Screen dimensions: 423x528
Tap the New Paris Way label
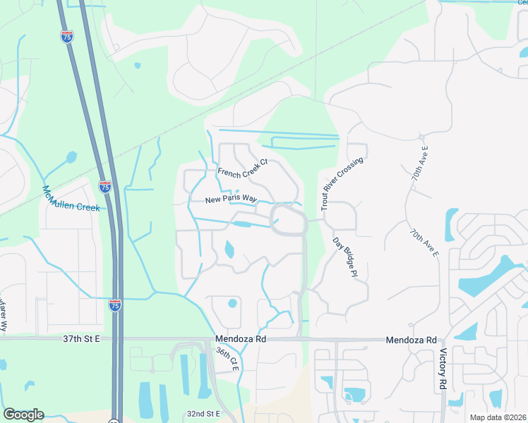pyautogui.click(x=231, y=200)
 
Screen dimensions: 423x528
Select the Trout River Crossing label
pyautogui.click(x=342, y=184)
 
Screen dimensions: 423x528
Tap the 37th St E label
pyautogui.click(x=82, y=339)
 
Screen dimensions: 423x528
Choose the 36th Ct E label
pyautogui.click(x=227, y=360)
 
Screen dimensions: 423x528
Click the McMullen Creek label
pyautogui.click(x=71, y=200)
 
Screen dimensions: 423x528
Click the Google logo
pyautogui.click(x=23, y=415)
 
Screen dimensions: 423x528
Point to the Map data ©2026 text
pyautogui.click(x=498, y=417)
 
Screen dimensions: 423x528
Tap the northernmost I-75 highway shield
pyautogui.click(x=67, y=37)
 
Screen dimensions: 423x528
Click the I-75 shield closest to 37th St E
pyautogui.click(x=114, y=305)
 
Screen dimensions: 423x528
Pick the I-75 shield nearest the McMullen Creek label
pyautogui.click(x=104, y=187)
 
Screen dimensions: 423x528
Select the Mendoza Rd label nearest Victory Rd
pyautogui.click(x=412, y=340)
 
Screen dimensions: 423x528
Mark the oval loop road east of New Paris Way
pyautogui.click(x=287, y=219)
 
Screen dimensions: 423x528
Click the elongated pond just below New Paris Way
pyautogui.click(x=242, y=224)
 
